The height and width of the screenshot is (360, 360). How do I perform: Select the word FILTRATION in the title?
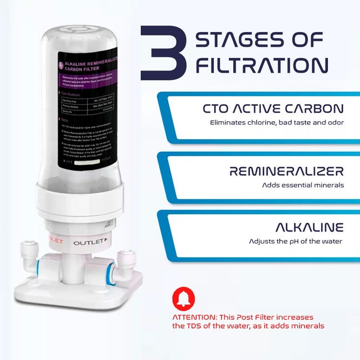(x=262, y=65)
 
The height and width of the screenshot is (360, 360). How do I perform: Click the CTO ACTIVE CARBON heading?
(x=273, y=109)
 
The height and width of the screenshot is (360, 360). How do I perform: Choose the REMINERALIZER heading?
(x=286, y=171)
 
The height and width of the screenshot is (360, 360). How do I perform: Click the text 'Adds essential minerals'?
(x=303, y=185)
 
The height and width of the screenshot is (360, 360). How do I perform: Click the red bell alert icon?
(x=184, y=299)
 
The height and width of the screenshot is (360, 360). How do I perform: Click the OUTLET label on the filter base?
(x=88, y=243)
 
